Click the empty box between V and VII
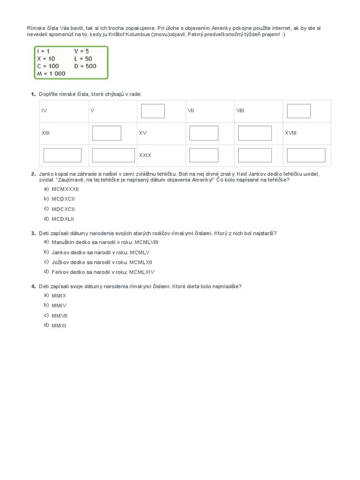click(153, 111)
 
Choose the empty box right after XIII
click(106, 133)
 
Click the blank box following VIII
click(299, 111)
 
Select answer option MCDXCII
click(63, 199)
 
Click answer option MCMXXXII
click(65, 189)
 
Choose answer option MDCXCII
click(63, 209)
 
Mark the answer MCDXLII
click(63, 219)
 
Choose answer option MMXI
click(59, 326)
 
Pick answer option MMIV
click(59, 306)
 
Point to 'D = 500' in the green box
click(85, 66)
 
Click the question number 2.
click(33, 174)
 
